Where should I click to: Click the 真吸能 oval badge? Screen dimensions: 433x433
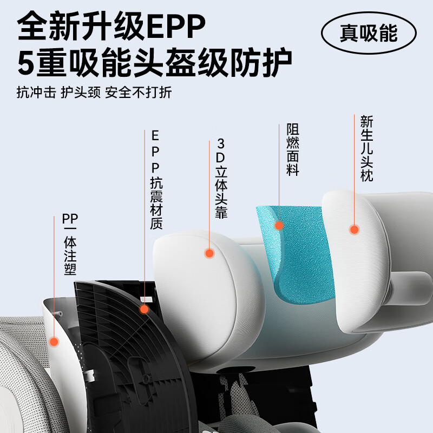(x=368, y=34)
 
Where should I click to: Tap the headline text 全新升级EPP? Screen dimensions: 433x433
(x=111, y=27)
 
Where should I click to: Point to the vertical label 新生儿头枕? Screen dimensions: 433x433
(x=366, y=149)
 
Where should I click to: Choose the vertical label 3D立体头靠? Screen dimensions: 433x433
(x=221, y=179)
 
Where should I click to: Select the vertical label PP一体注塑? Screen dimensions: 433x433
(x=69, y=244)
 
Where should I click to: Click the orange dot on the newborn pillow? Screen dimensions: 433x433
(x=354, y=229)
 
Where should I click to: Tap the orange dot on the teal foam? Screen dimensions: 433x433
(x=279, y=225)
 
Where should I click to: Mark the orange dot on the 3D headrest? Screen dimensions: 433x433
(x=209, y=253)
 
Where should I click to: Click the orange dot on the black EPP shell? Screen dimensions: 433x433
(x=145, y=309)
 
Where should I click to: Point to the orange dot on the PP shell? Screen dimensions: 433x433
(x=54, y=342)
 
